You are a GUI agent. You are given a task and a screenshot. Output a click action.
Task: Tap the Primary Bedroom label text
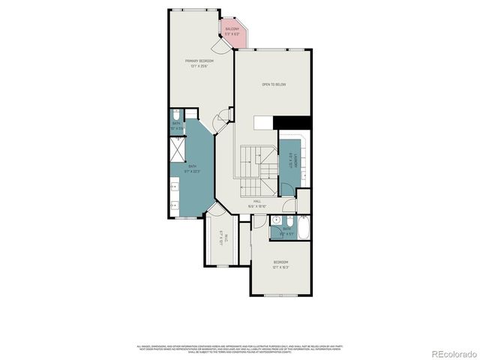[200, 63]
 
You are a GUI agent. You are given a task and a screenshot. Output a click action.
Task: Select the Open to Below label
[274, 85]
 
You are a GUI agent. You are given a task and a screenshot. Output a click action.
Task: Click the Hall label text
[256, 203]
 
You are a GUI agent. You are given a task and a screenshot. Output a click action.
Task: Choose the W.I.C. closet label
[225, 241]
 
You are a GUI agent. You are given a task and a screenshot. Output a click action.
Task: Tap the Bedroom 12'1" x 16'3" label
[280, 264]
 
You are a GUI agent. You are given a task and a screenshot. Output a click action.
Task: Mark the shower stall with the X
[177, 153]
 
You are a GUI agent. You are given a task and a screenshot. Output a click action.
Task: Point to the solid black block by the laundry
[292, 122]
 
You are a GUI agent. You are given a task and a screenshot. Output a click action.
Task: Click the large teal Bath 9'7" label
[193, 168]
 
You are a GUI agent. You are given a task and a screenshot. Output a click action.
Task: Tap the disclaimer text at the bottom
[240, 348]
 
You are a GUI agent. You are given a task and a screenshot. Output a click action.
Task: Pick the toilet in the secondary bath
[287, 229]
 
